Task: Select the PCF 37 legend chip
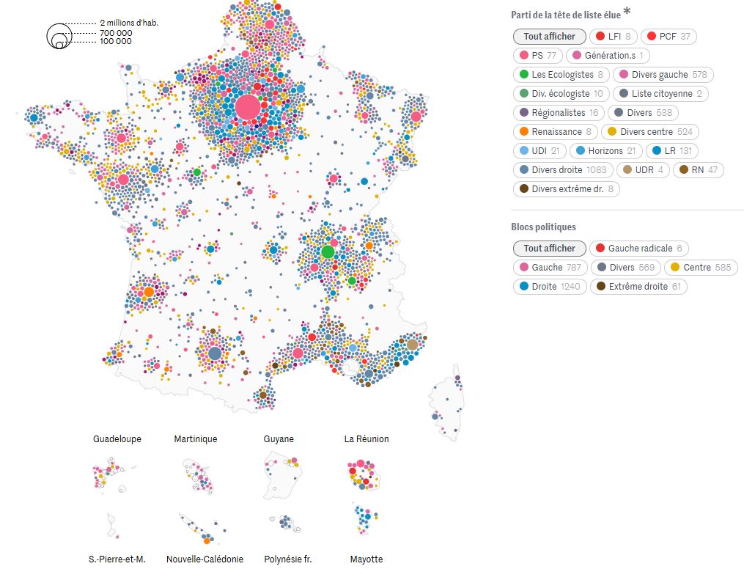click(x=669, y=36)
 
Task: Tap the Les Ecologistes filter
click(x=562, y=74)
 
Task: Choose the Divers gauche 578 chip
click(x=663, y=74)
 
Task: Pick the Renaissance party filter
click(x=556, y=131)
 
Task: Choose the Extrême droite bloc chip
click(x=637, y=286)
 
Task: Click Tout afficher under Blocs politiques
click(x=549, y=248)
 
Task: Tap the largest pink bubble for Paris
click(x=248, y=107)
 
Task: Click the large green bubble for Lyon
click(x=328, y=252)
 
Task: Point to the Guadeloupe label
click(x=117, y=439)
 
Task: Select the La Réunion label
click(x=367, y=439)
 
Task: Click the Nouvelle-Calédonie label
click(x=205, y=559)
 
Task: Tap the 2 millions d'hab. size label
click(x=129, y=23)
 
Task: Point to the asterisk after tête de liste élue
click(x=627, y=12)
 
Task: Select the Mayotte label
click(x=367, y=559)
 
